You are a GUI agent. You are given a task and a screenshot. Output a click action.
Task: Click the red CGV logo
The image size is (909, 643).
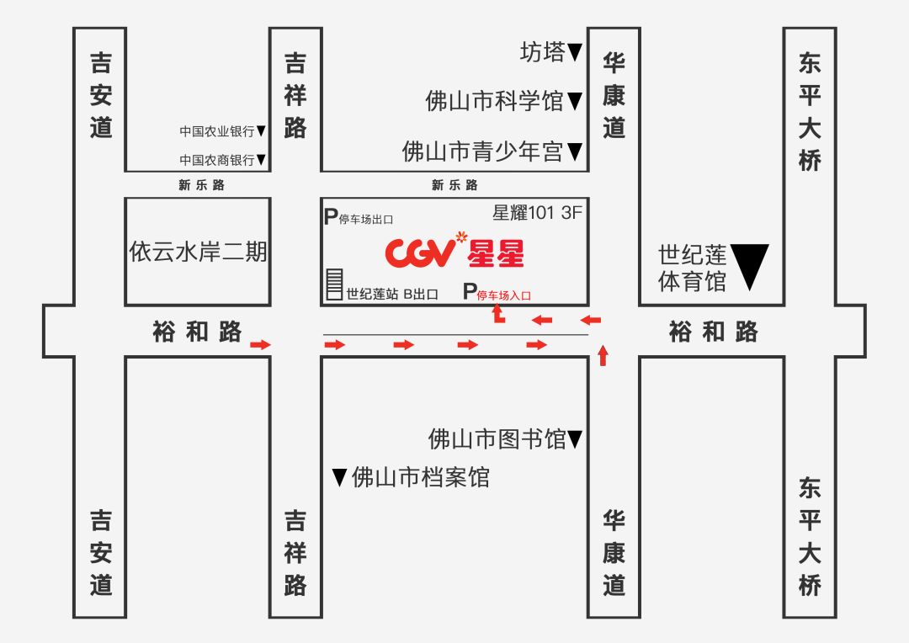point(420,251)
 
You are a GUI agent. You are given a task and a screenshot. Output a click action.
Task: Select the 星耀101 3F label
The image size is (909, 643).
point(537,213)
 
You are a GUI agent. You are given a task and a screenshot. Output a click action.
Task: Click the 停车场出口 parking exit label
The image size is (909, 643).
point(365,219)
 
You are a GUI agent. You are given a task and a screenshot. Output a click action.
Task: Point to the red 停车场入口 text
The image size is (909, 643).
point(504,295)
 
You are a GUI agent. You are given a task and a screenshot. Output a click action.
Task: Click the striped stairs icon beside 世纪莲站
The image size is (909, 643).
point(334,285)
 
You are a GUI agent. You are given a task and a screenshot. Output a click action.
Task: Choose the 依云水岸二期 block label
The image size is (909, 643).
point(198,252)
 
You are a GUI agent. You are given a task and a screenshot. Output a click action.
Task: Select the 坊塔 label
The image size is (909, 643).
point(543,53)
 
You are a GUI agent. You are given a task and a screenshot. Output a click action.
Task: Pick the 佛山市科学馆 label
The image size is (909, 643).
point(495,102)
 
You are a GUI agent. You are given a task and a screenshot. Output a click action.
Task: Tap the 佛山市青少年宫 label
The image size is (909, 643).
point(483,151)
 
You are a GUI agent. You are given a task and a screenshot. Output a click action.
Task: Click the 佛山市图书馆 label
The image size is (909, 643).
point(497,438)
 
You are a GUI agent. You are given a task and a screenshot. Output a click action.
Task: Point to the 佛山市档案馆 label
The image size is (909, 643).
point(420,478)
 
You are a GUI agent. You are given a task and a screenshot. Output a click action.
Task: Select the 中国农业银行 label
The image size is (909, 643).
point(217,131)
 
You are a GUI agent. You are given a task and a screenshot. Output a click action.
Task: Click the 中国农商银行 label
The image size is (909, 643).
point(217,159)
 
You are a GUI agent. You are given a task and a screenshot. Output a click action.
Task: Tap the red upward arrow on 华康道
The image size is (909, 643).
point(602,354)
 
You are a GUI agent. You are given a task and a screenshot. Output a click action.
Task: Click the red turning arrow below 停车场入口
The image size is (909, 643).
point(497,316)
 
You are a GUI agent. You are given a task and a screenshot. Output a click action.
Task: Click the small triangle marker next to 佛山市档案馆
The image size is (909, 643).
point(339,478)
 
